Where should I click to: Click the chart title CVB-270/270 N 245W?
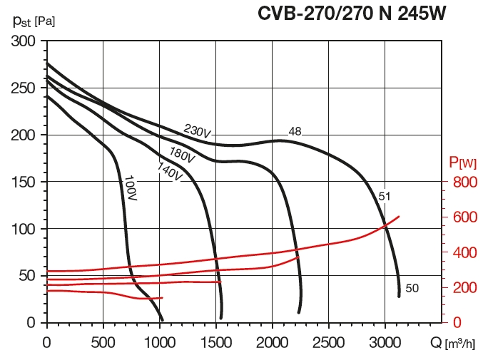[x=352, y=14]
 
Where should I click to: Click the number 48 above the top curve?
[x=295, y=131]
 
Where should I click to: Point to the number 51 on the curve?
[x=385, y=196]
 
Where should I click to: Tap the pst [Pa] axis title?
[x=34, y=21]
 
